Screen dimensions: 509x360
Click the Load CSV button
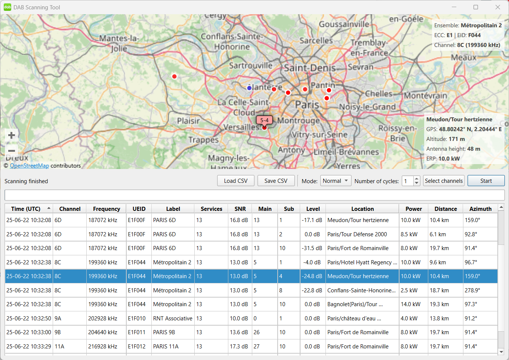(x=236, y=181)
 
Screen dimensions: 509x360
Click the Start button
(x=486, y=181)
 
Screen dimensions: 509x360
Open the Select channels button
(x=444, y=181)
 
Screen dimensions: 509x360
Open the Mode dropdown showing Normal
(x=336, y=181)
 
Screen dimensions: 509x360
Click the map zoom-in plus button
(x=11, y=135)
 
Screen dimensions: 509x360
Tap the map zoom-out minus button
(x=11, y=151)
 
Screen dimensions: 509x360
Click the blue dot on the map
(x=249, y=88)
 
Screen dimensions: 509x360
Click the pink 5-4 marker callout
(x=264, y=120)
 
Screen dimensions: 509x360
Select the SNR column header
(x=240, y=209)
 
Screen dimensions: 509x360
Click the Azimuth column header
(x=480, y=209)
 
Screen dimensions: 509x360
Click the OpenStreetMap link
(x=29, y=166)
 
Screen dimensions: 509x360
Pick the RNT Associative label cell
(x=173, y=319)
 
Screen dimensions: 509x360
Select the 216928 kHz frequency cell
(x=103, y=347)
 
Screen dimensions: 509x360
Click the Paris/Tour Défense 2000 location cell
(x=357, y=234)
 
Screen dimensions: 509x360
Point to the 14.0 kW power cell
(x=411, y=304)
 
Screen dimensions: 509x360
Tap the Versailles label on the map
(x=241, y=127)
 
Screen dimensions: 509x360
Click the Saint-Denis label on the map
(x=310, y=68)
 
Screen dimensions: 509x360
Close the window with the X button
(x=498, y=7)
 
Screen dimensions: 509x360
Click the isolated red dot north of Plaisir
(x=174, y=76)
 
